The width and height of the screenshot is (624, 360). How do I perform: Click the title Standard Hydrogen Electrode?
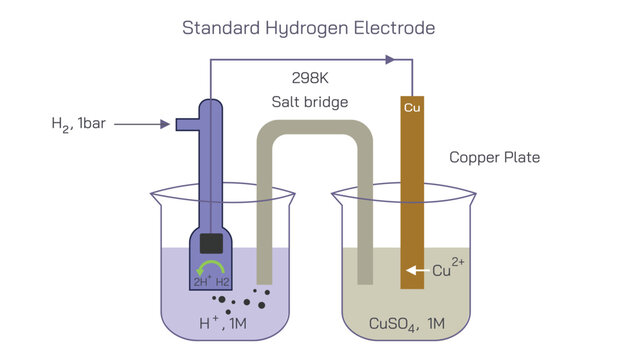pos(308,27)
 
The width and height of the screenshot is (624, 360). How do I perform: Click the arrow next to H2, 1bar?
pos(150,125)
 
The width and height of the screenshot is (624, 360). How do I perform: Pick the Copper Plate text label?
pos(494,157)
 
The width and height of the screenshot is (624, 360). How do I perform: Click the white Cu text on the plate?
pos(412,107)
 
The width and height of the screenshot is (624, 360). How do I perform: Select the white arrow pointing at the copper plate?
pos(414,270)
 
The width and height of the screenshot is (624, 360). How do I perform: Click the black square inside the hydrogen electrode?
pos(210,243)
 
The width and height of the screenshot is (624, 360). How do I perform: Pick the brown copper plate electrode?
pos(412,200)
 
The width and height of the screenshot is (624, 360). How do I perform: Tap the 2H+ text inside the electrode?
pos(201,281)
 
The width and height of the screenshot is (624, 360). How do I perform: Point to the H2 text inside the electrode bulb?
pos(224,281)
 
